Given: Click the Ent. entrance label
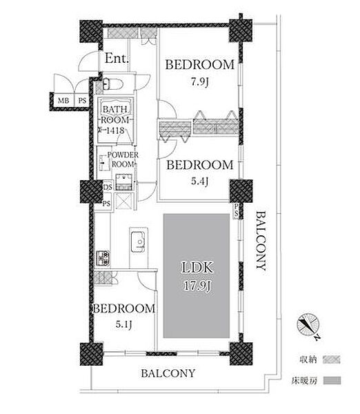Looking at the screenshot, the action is coord(117,59).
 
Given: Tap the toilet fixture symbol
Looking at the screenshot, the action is coord(112,84).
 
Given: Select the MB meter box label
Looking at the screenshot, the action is coord(63,101).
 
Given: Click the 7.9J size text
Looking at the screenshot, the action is coord(200,82).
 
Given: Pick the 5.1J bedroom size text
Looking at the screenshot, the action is coord(123,324).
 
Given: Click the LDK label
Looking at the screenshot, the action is coord(197,268).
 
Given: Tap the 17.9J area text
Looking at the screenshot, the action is coord(197,286).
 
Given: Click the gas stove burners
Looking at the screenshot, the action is coord(103,258).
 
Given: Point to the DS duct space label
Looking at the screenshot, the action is coord(108,187).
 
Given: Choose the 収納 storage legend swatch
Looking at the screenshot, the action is coord(331,359).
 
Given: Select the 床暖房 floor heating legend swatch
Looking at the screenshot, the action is coord(332,380).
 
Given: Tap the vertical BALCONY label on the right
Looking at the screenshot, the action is coord(261,240).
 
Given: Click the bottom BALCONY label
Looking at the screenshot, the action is coord(168,373).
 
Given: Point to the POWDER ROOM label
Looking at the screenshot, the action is coord(123,159).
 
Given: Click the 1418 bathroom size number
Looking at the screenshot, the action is coord(115,130).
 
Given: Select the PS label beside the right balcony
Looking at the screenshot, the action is coord(236,211).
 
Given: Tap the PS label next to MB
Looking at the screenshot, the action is coord(82,101).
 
